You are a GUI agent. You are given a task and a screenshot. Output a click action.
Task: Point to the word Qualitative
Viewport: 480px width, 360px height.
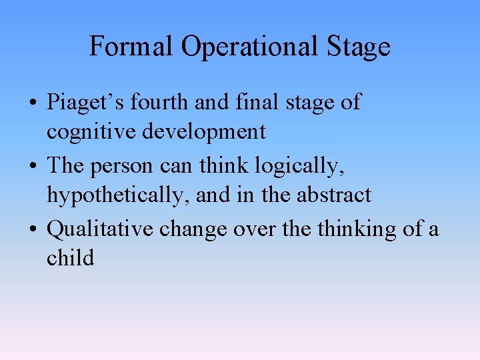coord(99,229)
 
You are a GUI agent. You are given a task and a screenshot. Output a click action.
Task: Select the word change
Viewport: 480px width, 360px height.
coord(194,229)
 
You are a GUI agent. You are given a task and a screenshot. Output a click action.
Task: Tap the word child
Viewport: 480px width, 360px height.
coord(70,257)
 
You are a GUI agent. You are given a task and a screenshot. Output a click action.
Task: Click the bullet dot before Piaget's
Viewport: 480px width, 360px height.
coord(33,104)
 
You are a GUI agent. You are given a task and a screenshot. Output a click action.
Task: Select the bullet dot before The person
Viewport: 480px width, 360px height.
coord(33,167)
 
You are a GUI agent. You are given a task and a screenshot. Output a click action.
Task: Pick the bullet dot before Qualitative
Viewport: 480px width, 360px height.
coord(33,230)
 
